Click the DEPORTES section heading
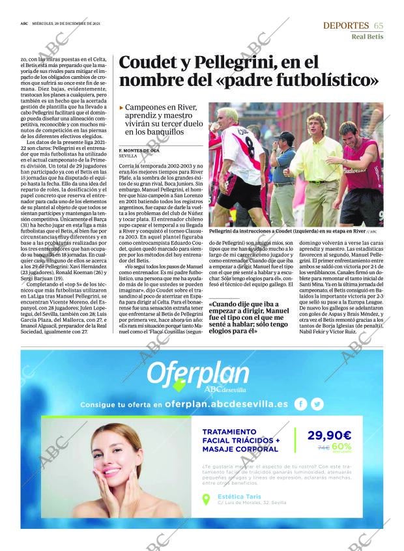[x=345, y=25]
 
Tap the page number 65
[x=379, y=25]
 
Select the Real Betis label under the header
[x=367, y=36]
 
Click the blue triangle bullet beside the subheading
[x=121, y=107]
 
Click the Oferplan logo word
[x=198, y=373]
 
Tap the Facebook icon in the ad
[x=300, y=404]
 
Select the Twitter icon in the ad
[x=317, y=404]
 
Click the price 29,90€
[x=329, y=436]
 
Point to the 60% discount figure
[x=341, y=446]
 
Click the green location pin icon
[x=207, y=500]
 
